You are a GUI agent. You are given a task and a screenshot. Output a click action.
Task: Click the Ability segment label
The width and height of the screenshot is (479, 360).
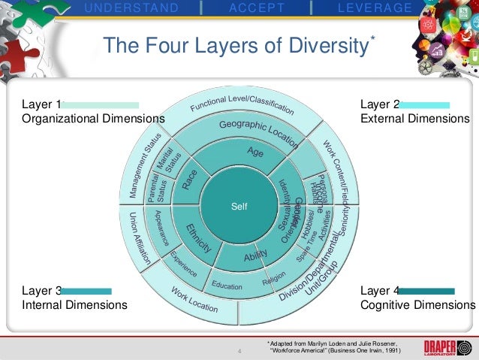(x=255, y=258)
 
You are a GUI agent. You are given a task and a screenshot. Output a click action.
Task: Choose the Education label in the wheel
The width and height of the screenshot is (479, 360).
(x=227, y=286)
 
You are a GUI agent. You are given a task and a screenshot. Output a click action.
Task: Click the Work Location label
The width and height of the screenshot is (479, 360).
(x=194, y=301)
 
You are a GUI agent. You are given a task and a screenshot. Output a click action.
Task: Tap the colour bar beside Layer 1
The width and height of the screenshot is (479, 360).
(x=101, y=105)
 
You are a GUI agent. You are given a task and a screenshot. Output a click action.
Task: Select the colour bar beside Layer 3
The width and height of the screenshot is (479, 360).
(x=86, y=291)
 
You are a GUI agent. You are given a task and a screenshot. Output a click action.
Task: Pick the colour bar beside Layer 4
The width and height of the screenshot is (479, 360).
(x=426, y=291)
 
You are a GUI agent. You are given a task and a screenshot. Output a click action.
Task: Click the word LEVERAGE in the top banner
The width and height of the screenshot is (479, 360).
(x=375, y=8)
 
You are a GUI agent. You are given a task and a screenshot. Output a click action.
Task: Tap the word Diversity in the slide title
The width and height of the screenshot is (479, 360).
(x=321, y=47)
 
